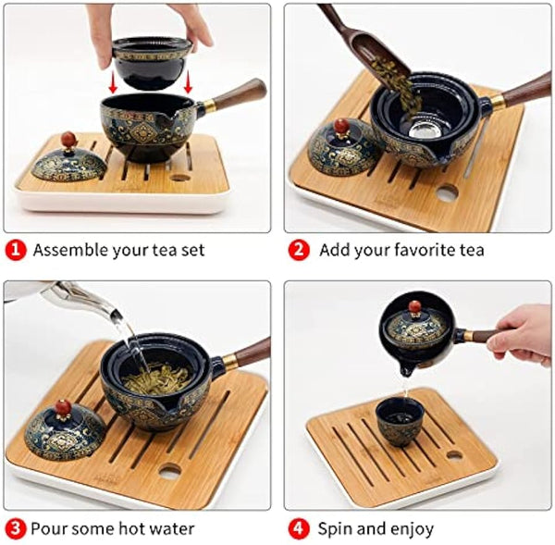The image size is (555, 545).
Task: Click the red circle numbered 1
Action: point(15,251)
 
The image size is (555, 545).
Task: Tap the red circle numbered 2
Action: point(299,251)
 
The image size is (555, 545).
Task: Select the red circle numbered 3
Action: point(15,529)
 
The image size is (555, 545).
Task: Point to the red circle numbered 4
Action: point(299,529)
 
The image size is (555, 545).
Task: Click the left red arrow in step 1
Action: point(113,81)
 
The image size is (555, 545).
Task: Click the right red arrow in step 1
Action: point(188,81)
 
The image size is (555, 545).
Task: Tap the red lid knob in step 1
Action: point(68,138)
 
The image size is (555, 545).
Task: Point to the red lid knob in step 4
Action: point(413,307)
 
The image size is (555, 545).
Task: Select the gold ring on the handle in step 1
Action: point(209,105)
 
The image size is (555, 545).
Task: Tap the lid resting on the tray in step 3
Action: point(58,430)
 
